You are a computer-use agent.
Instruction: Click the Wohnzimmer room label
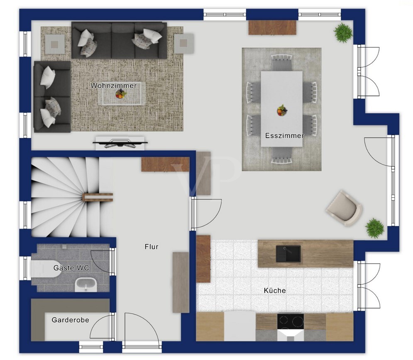point(113,85)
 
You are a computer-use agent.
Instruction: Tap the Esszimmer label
point(284,136)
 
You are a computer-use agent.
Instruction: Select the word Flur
point(152,247)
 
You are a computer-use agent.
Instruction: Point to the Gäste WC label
point(71,268)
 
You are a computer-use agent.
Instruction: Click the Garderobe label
point(70,320)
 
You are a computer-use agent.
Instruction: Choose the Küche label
point(275,290)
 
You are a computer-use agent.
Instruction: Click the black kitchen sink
point(288,254)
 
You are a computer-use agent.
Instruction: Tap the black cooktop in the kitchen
point(290,321)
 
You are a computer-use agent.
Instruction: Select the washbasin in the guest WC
point(86,285)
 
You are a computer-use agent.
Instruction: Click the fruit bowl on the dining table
point(282,110)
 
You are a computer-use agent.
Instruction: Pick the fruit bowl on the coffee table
point(121,94)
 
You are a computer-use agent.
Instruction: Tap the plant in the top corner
point(343,32)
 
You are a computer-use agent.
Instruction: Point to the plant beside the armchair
point(375,228)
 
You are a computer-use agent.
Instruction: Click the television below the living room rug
point(120,143)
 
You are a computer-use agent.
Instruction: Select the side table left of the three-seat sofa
point(55,44)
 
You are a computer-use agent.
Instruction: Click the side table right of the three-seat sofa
point(183,43)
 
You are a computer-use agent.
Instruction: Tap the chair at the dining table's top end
point(281,63)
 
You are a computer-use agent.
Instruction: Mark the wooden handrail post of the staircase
point(98,197)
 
